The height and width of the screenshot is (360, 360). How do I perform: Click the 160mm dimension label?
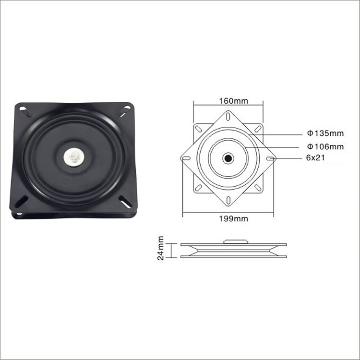[x=233, y=101]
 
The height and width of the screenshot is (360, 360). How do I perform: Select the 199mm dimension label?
[x=233, y=219]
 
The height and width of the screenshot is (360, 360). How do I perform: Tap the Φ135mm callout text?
[x=325, y=133]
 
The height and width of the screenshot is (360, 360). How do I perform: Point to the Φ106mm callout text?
[x=325, y=146]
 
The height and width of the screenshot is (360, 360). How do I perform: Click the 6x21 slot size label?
[x=315, y=158]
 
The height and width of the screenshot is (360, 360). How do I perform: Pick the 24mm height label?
[x=161, y=248]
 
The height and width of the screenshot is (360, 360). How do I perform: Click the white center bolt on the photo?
[x=74, y=157]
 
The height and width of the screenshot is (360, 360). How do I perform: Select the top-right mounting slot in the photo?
[x=124, y=111]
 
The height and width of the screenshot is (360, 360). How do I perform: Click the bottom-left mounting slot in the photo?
[x=21, y=201]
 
